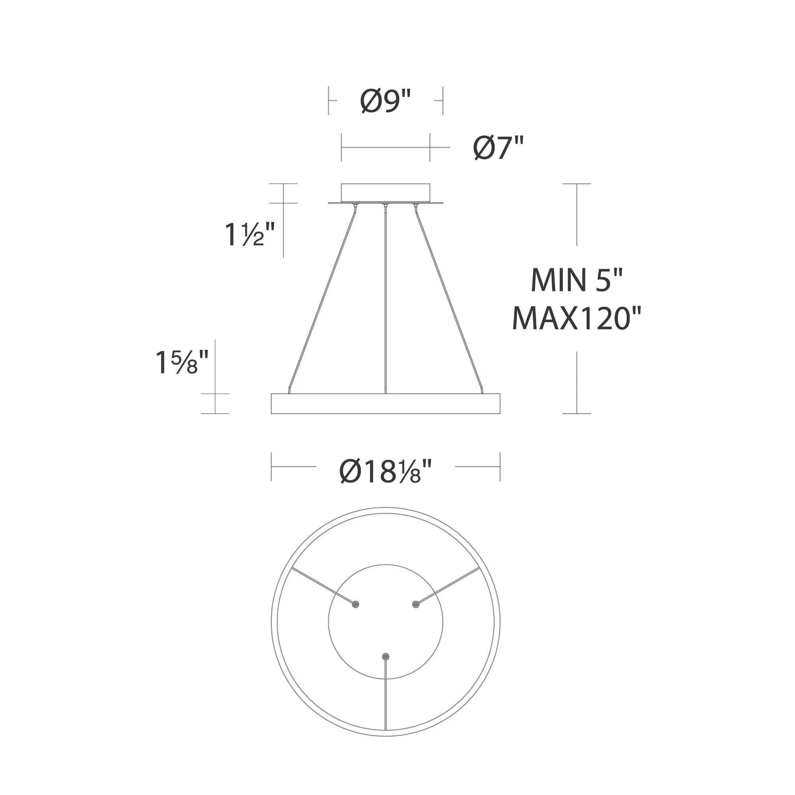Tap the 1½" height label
point(248,235)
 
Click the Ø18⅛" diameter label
point(386,471)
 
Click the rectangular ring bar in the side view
point(386,404)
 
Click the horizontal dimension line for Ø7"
point(386,147)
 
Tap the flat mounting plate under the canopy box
point(386,203)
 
